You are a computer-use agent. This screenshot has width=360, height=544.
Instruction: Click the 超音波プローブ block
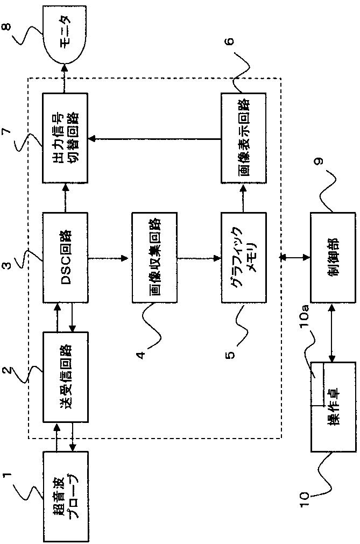point(65,496)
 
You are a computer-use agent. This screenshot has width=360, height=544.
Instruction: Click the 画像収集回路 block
point(154,258)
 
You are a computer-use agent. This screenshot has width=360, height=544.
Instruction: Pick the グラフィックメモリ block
point(243,258)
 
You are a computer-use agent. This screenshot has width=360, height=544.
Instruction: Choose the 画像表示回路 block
point(243,138)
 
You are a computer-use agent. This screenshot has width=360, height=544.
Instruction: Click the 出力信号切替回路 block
point(65,138)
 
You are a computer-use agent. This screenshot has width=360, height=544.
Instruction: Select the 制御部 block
point(333,258)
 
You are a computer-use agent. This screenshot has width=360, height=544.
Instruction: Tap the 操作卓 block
point(333,407)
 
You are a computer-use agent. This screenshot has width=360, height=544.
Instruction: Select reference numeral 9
point(320,161)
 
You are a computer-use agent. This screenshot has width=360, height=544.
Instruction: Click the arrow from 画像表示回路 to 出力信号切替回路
point(154,139)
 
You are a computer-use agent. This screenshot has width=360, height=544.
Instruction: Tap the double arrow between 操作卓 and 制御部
point(333,333)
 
